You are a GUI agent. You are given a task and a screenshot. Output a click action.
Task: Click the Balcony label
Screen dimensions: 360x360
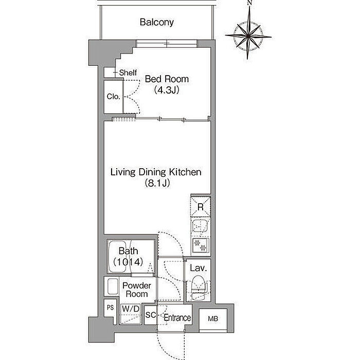156,22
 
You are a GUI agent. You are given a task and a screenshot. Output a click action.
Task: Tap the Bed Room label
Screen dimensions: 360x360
167,79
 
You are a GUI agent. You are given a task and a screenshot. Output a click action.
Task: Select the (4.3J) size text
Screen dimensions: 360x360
167,90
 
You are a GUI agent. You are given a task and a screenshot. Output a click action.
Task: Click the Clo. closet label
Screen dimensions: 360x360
114,97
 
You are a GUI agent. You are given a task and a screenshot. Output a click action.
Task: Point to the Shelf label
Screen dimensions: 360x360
128,73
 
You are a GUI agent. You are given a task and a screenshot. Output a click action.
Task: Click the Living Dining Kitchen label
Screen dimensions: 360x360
156,172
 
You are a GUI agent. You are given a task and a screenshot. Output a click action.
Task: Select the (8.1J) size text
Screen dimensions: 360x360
157,183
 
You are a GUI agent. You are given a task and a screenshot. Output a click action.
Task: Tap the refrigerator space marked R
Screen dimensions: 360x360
201,207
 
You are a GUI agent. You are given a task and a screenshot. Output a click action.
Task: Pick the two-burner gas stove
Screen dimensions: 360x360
201,245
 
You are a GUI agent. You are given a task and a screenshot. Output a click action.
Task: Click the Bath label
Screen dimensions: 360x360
128,251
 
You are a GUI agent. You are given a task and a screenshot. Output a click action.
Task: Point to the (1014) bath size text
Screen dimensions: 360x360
128,262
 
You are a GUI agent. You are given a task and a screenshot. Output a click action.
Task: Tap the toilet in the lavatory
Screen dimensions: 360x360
199,287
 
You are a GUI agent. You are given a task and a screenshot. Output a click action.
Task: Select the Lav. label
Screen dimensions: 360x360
198,268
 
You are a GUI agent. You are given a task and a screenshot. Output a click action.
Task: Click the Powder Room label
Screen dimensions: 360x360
137,290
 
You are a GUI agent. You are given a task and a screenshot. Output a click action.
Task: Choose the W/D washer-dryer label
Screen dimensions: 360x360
131,309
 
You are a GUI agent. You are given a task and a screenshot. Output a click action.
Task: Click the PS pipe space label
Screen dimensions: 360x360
110,308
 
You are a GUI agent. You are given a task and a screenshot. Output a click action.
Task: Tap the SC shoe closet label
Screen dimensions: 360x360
151,315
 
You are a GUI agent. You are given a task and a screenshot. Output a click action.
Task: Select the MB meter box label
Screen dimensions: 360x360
213,319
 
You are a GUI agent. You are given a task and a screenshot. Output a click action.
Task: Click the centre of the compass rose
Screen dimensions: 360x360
248,36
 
